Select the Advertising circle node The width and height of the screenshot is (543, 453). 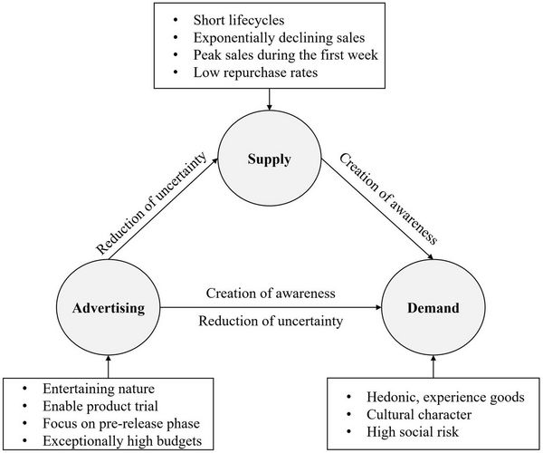click(x=109, y=308)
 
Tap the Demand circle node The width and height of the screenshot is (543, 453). click(x=433, y=308)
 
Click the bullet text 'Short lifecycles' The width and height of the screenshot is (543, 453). click(x=239, y=20)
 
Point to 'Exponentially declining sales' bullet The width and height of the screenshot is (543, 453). click(x=279, y=37)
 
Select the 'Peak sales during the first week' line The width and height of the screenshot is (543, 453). click(x=285, y=54)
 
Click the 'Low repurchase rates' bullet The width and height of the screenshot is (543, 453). click(x=255, y=72)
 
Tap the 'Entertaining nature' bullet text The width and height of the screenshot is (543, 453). click(x=99, y=389)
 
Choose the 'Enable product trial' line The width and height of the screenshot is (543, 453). click(x=100, y=406)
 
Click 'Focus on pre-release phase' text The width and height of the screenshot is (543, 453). click(x=121, y=423)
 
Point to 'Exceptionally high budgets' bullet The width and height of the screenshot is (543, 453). click(x=122, y=441)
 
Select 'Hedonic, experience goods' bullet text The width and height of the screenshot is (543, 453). click(x=445, y=397)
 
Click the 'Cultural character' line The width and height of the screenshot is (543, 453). click(x=419, y=415)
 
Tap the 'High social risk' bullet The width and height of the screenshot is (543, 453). click(x=413, y=432)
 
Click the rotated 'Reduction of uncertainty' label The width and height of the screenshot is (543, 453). click(x=151, y=203)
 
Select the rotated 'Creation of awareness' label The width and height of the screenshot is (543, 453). click(x=388, y=199)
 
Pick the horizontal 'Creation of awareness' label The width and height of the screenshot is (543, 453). click(x=271, y=294)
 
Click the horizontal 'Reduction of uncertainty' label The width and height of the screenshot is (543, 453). click(x=271, y=321)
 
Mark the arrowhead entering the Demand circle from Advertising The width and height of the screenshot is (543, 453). click(x=378, y=307)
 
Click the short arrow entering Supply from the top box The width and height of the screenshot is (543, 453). click(x=269, y=100)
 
